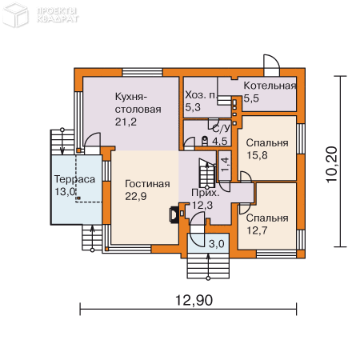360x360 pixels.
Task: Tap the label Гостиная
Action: tap(147, 184)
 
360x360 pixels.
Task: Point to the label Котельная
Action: tap(270, 86)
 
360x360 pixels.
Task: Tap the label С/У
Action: tap(219, 127)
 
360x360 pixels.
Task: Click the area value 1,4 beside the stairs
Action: tap(225, 165)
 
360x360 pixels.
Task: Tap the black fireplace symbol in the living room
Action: tap(174, 214)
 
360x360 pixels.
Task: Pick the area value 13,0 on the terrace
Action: tap(64, 192)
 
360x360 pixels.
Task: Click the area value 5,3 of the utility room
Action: tap(193, 106)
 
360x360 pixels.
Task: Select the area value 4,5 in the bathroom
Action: tap(219, 141)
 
